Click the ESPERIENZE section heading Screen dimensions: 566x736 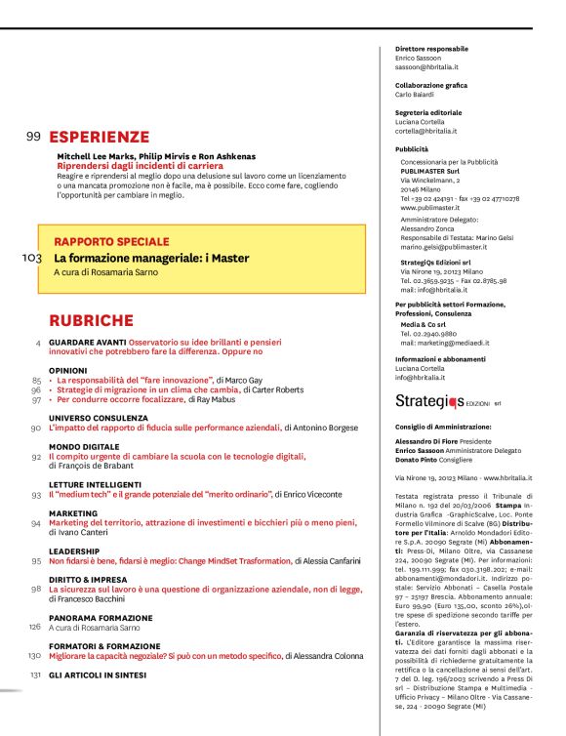[100, 138]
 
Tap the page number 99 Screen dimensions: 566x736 [32, 138]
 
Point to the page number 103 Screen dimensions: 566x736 [30, 258]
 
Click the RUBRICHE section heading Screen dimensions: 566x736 [92, 320]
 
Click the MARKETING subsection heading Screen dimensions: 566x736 [73, 512]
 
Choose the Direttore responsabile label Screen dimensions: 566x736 [431, 49]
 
